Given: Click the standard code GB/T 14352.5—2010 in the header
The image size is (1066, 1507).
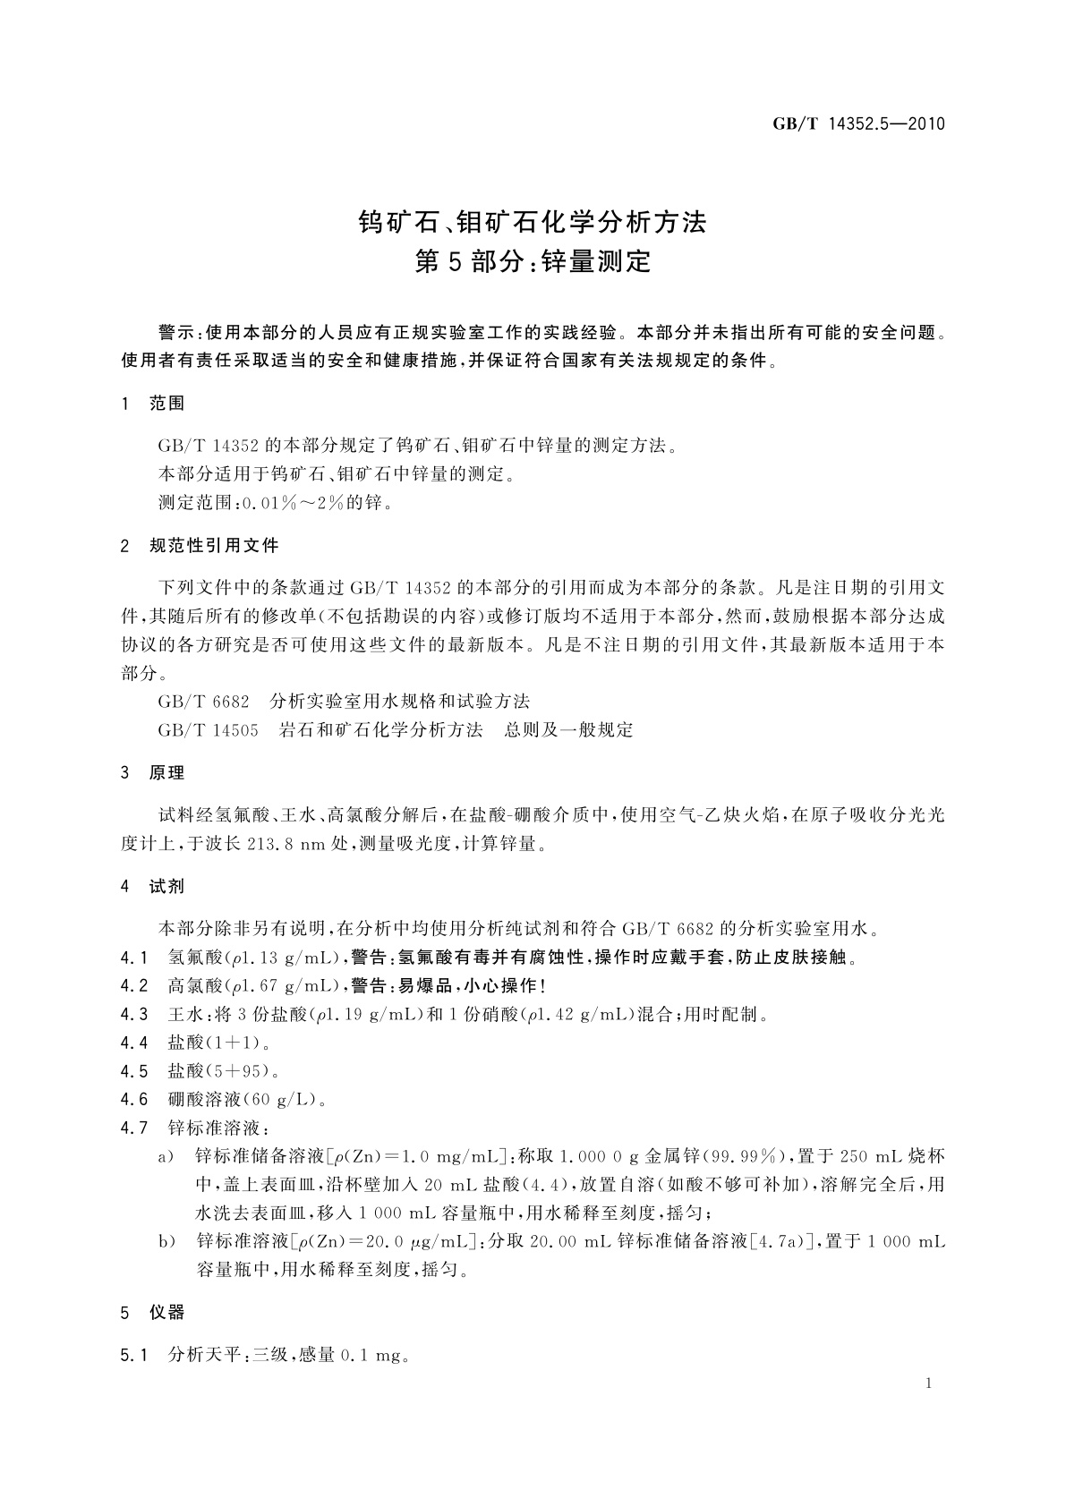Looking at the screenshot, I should pyautogui.click(x=858, y=124).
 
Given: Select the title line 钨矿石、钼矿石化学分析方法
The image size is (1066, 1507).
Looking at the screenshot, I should pyautogui.click(x=533, y=221).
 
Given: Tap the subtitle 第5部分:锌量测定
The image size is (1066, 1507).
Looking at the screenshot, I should pyautogui.click(x=533, y=262).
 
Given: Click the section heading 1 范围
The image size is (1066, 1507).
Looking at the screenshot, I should pyautogui.click(x=153, y=404).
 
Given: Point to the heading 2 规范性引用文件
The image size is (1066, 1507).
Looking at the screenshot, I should pyautogui.click(x=200, y=545).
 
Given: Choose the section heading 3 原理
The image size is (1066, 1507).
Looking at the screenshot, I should pyautogui.click(x=153, y=772).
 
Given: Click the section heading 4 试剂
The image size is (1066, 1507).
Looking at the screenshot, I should pyautogui.click(x=153, y=886).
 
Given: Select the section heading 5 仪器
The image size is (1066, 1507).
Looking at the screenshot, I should pyautogui.click(x=153, y=1313).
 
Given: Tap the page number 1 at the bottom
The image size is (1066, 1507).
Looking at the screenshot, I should pyautogui.click(x=928, y=1384).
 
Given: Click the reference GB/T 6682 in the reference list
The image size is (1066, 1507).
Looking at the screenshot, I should pyautogui.click(x=203, y=701).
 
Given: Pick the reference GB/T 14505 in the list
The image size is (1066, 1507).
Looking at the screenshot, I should pyautogui.click(x=208, y=729).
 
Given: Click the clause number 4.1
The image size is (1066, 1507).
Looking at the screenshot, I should pyautogui.click(x=134, y=958).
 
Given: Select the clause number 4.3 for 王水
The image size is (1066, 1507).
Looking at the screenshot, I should pyautogui.click(x=134, y=1015).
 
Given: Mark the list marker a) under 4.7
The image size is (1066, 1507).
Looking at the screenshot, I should pyautogui.click(x=166, y=1157).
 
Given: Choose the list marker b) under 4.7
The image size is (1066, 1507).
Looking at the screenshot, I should pyautogui.click(x=166, y=1242).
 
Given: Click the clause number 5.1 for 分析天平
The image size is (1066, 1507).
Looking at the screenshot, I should pyautogui.click(x=134, y=1356).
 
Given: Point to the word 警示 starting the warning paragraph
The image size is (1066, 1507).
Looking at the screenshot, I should pyautogui.click(x=177, y=333).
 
